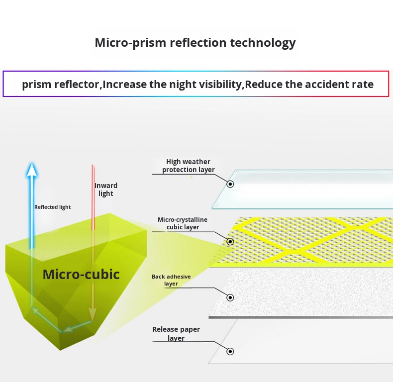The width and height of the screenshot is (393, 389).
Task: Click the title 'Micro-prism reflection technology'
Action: pyautogui.click(x=195, y=43)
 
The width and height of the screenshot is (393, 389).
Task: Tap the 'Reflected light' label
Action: pyautogui.click(x=52, y=207)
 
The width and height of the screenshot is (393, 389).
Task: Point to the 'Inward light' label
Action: pyautogui.click(x=106, y=190)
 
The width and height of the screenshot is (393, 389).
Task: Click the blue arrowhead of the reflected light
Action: pyautogui.click(x=32, y=170)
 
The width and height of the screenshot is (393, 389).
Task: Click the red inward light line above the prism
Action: pyautogui.click(x=93, y=197)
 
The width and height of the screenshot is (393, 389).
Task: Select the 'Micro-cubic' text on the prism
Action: pyautogui.click(x=81, y=274)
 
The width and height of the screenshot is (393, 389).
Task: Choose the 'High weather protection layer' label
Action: pyautogui.click(x=188, y=166)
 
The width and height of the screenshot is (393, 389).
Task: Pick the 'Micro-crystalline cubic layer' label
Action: pyautogui.click(x=183, y=223)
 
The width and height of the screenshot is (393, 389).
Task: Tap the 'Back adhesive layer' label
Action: pyautogui.click(x=171, y=280)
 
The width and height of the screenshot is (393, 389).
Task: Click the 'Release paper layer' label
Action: pyautogui.click(x=176, y=334)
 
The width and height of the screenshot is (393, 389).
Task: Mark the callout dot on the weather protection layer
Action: pyautogui.click(x=230, y=184)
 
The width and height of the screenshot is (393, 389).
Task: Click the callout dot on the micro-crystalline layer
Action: pyautogui.click(x=230, y=242)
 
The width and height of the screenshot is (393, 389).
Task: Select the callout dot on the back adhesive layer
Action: pyautogui.click(x=230, y=297)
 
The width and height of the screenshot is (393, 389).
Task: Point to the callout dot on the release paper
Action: pyautogui.click(x=230, y=351)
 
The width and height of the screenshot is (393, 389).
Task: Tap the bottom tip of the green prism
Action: pyautogui.click(x=60, y=350)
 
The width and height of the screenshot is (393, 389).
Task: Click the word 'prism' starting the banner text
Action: pyautogui.click(x=37, y=85)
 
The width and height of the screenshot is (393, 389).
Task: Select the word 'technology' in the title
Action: pyautogui.click(x=263, y=43)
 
